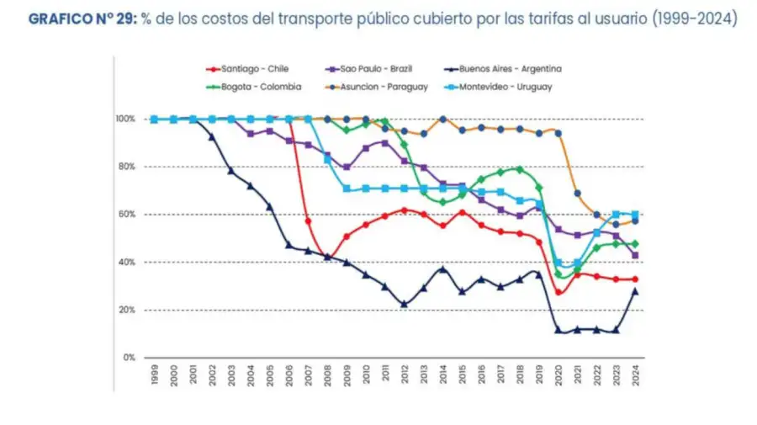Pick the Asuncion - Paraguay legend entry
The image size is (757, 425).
377,86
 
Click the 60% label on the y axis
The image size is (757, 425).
125,215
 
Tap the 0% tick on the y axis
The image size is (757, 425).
128,358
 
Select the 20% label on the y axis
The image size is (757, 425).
125,310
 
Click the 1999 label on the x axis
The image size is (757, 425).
155,375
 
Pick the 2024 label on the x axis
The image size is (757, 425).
636,375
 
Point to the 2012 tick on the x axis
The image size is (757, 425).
405,375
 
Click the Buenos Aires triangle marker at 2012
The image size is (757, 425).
405,305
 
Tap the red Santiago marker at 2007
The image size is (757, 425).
308,221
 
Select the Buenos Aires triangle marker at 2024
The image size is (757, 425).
636,291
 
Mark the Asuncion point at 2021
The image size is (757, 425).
578,193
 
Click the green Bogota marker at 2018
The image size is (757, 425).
520,169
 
